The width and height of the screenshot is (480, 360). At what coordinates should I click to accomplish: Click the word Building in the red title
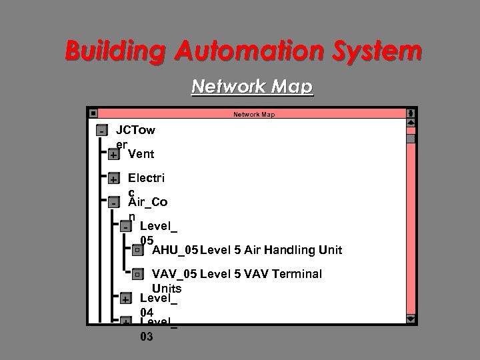(x=107, y=50)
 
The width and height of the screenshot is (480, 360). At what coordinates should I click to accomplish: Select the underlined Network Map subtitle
(x=252, y=87)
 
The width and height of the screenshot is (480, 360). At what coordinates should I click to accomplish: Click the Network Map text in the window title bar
(x=253, y=115)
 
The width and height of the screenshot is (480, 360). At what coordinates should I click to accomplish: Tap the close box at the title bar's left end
(x=93, y=114)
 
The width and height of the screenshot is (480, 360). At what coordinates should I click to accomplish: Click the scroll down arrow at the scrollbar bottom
(x=411, y=318)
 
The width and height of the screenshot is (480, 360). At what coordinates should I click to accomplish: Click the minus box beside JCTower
(x=101, y=130)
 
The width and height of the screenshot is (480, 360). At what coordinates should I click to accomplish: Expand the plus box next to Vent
(x=113, y=155)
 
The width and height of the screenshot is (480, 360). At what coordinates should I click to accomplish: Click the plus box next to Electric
(x=113, y=179)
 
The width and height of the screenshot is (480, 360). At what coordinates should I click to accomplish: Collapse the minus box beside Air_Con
(x=113, y=203)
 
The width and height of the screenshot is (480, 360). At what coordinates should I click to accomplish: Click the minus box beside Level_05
(x=125, y=227)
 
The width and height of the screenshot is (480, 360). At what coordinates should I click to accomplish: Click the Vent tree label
(x=141, y=154)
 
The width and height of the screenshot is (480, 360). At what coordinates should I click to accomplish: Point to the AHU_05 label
(x=175, y=251)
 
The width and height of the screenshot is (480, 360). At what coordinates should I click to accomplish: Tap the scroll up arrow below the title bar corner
(x=411, y=123)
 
